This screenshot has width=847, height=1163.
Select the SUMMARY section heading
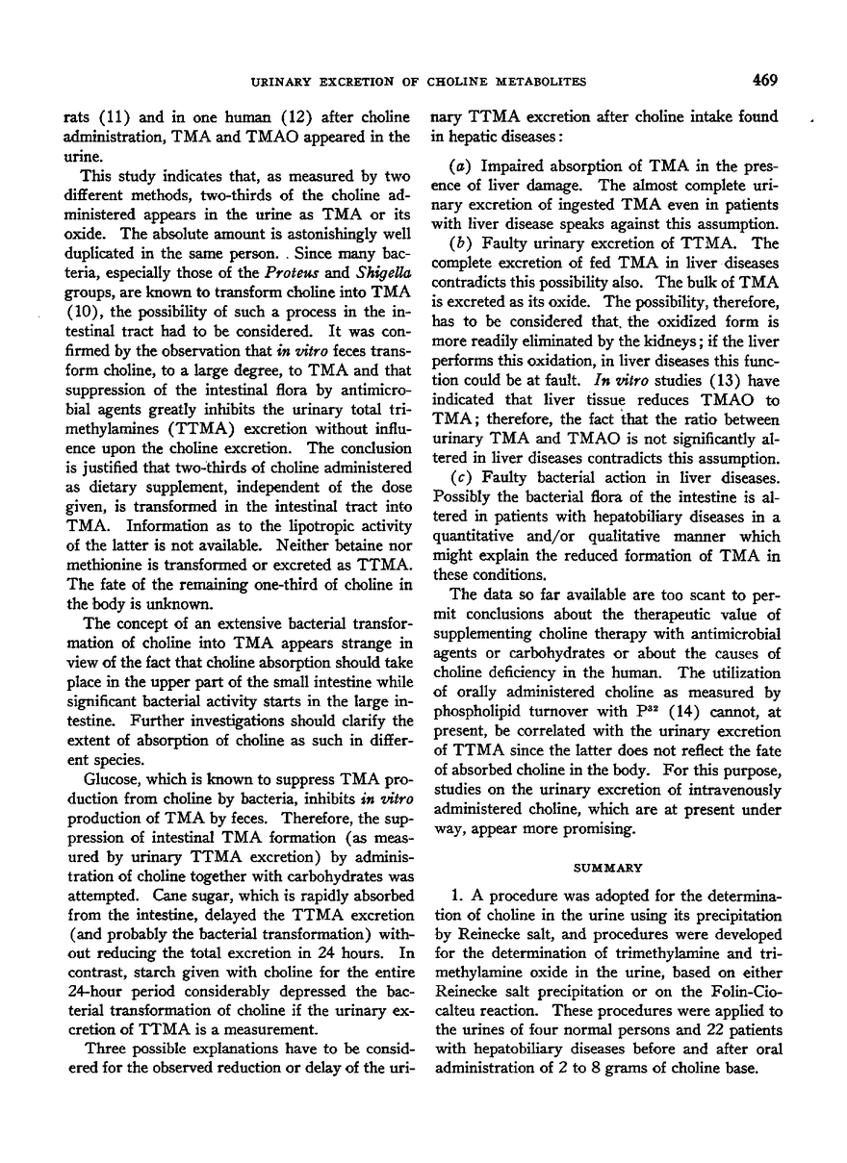(600, 866)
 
